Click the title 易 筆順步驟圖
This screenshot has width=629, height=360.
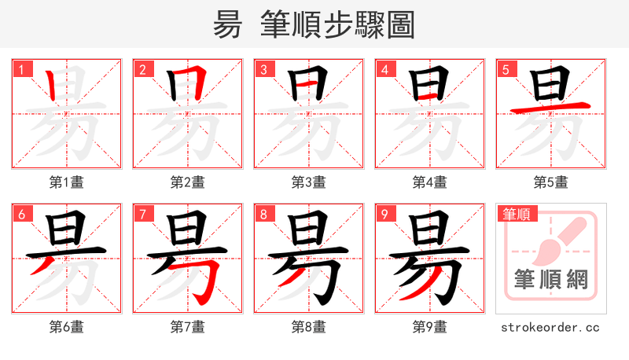coord(314,25)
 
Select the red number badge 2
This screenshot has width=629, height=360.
coord(142,69)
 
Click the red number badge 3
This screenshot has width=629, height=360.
coord(263,69)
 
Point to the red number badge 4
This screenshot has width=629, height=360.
coord(384,69)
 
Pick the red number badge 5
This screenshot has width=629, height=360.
coord(506,69)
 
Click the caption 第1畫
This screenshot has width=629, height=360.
coord(66,182)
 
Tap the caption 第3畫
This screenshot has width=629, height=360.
coord(308,182)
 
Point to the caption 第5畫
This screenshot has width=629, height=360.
coord(550,182)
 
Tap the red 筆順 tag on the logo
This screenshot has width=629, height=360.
coord(517,214)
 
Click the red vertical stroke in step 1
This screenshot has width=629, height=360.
coord(52,85)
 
